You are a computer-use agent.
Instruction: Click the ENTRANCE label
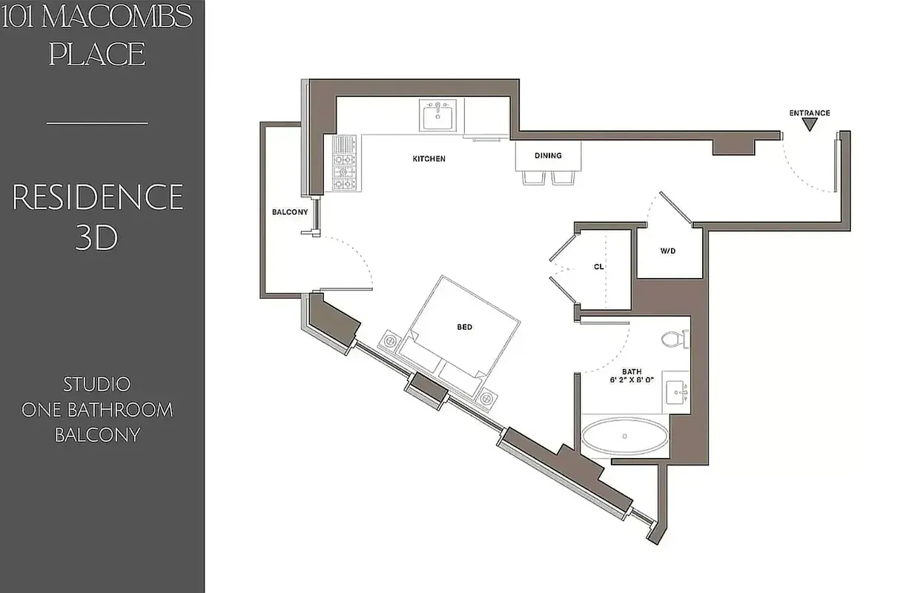pyautogui.click(x=809, y=113)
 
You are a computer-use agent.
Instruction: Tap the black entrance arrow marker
pyautogui.click(x=810, y=125)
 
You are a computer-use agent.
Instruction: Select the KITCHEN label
pyautogui.click(x=429, y=159)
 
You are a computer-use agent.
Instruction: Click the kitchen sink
pyautogui.click(x=438, y=116)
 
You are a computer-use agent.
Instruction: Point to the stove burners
pyautogui.click(x=344, y=163)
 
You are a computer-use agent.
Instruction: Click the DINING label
pyautogui.click(x=548, y=156)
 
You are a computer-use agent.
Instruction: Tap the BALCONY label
pyautogui.click(x=289, y=212)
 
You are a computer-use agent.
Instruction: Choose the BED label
pyautogui.click(x=464, y=327)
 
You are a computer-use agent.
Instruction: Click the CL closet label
pyautogui.click(x=599, y=267)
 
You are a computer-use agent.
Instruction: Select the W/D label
pyautogui.click(x=669, y=251)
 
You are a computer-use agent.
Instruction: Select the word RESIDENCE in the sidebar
pyautogui.click(x=98, y=198)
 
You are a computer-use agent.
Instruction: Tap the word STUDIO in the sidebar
pyautogui.click(x=97, y=385)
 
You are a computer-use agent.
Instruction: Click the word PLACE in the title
pyautogui.click(x=97, y=54)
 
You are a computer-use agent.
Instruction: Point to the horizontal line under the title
pyautogui.click(x=97, y=123)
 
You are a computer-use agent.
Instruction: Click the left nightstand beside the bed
pyautogui.click(x=389, y=341)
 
